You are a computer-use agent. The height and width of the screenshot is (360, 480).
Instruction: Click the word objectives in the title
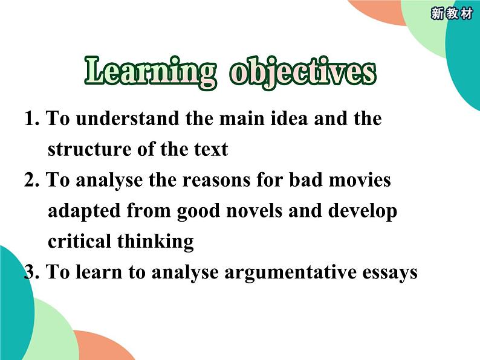point(303,73)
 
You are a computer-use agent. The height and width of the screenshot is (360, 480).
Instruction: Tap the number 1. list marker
point(32,118)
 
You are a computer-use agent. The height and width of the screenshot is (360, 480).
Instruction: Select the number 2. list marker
point(32,180)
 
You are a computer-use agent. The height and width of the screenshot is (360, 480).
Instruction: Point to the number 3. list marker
point(32,272)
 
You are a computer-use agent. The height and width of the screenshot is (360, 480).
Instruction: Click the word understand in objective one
point(128,118)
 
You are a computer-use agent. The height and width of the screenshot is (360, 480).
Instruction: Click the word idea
point(290,118)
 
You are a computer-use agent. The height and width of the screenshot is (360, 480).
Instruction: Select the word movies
point(360,180)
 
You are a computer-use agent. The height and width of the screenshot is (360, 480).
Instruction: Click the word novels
point(254,210)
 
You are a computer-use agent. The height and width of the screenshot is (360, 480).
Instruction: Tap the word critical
point(79,241)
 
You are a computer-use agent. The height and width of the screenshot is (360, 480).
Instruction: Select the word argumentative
point(291,273)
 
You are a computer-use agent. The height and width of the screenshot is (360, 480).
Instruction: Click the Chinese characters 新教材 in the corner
point(452,14)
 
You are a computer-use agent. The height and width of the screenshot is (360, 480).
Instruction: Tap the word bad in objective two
point(305,179)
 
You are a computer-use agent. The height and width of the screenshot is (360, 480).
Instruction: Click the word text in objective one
point(211,150)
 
